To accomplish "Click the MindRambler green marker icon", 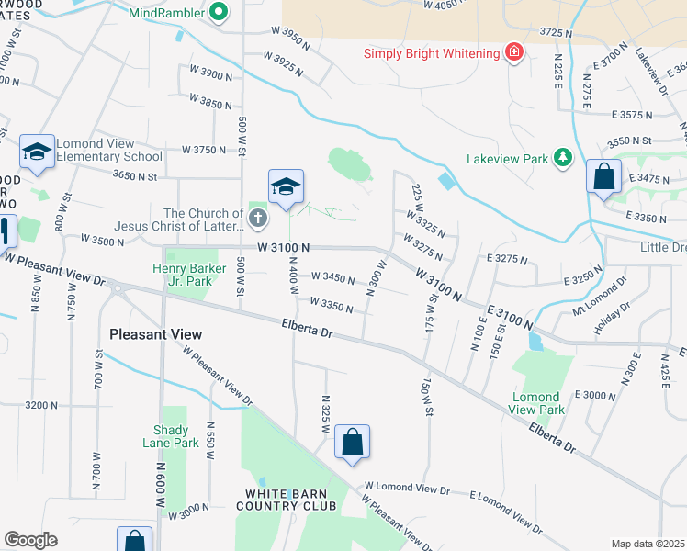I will click(219, 12).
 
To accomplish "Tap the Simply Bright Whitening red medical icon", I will click(514, 52).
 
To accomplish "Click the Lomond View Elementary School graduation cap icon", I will click(37, 152).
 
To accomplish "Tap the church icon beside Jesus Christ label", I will click(258, 219).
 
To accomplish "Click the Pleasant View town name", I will click(154, 334).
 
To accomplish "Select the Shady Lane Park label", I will click(171, 436).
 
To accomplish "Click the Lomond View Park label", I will click(537, 403).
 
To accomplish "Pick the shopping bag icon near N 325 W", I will click(353, 444).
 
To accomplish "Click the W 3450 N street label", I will click(332, 276).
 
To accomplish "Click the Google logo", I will click(30, 540).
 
